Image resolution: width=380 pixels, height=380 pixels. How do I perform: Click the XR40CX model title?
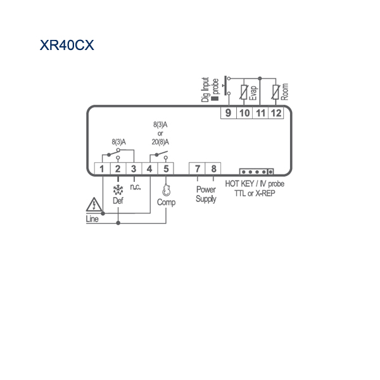pyautogui.click(x=67, y=45)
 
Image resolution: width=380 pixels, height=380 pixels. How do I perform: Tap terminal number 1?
pyautogui.click(x=102, y=169)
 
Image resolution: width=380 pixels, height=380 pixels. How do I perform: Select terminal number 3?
pyautogui.click(x=134, y=169)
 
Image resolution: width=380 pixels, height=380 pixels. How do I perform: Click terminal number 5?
pyautogui.click(x=166, y=169)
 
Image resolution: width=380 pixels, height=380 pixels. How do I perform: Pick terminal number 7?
pyautogui.click(x=198, y=168)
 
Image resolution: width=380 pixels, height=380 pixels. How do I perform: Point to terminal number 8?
pyautogui.click(x=213, y=168)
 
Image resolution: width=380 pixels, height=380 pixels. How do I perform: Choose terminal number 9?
pyautogui.click(x=228, y=113)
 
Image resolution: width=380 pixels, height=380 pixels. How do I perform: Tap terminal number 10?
pyautogui.click(x=244, y=113)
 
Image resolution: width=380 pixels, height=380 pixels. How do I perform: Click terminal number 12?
pyautogui.click(x=276, y=113)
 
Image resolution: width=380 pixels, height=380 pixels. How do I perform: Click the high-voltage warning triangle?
pyautogui.click(x=94, y=205)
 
